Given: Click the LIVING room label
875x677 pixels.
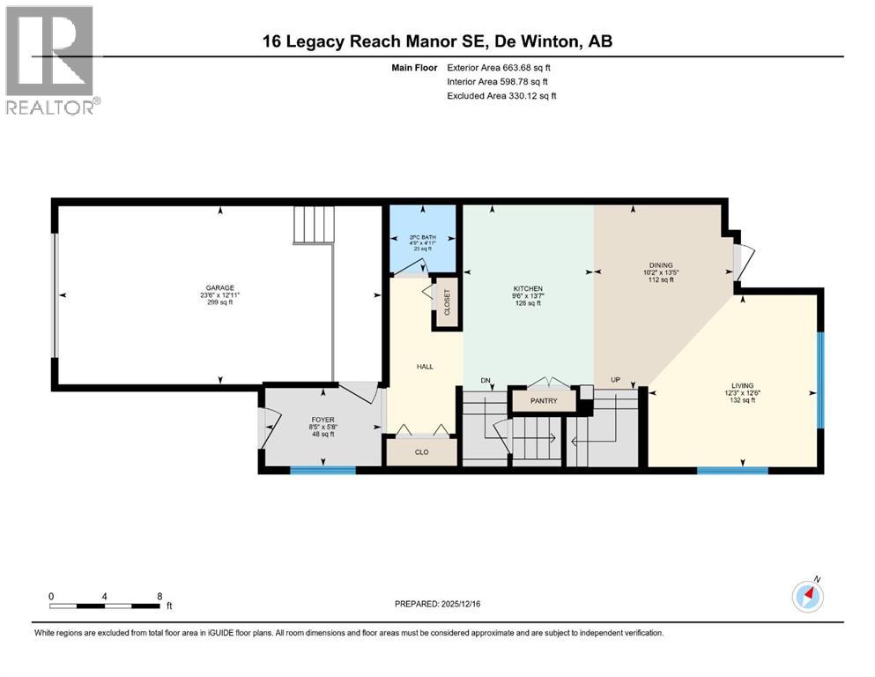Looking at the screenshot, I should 742,385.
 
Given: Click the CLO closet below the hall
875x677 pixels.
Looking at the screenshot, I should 421,451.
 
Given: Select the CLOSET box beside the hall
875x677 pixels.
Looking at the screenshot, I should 447,302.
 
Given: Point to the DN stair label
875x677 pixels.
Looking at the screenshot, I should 485,381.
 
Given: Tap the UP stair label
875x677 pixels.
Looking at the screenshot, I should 615,381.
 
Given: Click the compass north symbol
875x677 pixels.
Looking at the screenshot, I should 808,595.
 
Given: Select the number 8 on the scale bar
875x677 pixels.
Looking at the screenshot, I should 159,596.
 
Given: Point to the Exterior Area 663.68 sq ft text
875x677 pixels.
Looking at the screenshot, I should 501,68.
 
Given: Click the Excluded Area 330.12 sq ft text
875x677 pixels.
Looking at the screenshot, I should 501,95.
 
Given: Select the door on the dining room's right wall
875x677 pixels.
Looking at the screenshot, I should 742,262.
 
